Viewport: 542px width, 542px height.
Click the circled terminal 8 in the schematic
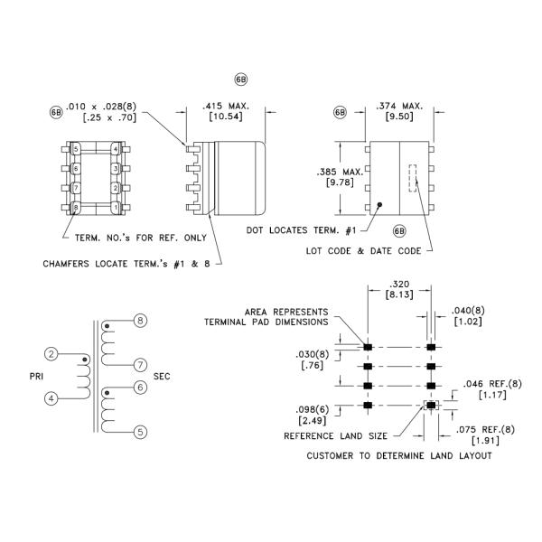tap(140, 321)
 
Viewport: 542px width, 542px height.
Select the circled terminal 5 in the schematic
tap(140, 432)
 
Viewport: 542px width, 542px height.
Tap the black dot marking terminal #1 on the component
tap(380, 205)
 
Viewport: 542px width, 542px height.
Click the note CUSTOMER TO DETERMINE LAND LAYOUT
tap(399, 454)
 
